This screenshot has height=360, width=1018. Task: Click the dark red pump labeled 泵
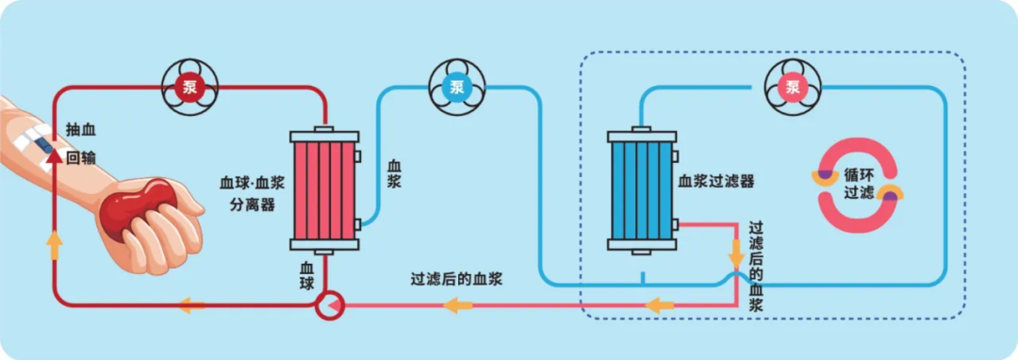186,89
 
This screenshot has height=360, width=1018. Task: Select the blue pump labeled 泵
456,89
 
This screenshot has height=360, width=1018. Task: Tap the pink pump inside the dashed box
793,89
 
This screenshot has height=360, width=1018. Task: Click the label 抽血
81,129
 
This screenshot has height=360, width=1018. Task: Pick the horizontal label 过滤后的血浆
455,279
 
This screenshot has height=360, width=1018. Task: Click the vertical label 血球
306,275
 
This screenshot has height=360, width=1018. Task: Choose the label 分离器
253,205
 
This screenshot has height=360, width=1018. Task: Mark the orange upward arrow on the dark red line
55,244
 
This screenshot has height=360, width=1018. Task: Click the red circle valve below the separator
330,305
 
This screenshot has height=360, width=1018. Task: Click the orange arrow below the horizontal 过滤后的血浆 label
458,305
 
